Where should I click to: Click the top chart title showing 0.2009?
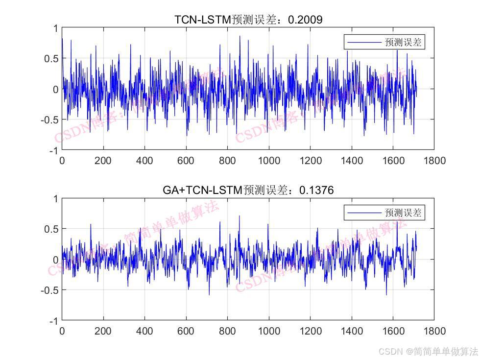click(248, 20)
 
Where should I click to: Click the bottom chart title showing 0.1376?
click(248, 190)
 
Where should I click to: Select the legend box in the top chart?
click(384, 42)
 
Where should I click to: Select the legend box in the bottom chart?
click(384, 213)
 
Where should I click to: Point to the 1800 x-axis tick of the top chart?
click(434, 160)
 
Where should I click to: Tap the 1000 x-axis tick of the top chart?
click(269, 160)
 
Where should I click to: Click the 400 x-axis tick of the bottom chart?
click(144, 331)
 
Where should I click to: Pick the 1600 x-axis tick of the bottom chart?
click(393, 331)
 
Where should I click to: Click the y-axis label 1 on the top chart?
click(56, 28)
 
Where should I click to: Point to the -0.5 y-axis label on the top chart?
click(49, 120)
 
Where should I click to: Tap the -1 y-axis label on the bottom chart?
click(53, 321)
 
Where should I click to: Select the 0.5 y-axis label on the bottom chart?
click(51, 229)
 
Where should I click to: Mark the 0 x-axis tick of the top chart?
click(62, 160)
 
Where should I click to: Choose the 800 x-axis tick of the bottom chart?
click(227, 331)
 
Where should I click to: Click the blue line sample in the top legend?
click(364, 43)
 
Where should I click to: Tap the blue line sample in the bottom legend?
click(364, 213)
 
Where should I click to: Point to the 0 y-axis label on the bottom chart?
click(56, 260)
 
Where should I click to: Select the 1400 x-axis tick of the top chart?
click(352, 160)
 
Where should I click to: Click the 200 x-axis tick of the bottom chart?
click(103, 331)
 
